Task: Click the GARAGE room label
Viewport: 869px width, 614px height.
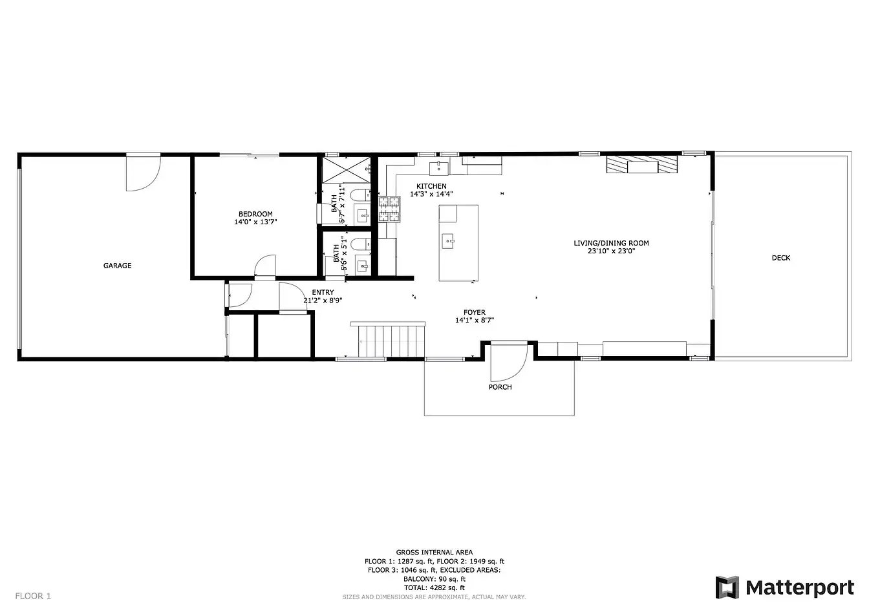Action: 117,266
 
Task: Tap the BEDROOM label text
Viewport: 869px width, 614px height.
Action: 255,214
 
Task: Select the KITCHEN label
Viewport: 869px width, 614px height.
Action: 431,186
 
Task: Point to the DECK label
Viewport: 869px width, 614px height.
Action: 781,258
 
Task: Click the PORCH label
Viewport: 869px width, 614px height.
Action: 500,387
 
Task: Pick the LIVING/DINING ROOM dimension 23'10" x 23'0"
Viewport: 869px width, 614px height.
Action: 612,251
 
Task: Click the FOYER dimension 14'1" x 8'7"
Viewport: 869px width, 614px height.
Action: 475,321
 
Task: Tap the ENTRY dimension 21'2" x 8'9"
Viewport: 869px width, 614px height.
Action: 323,300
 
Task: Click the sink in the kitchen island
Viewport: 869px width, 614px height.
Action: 447,241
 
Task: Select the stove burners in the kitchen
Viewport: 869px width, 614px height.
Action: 389,209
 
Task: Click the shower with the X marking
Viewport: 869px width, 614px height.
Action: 347,170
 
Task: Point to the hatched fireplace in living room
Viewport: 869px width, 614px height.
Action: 642,164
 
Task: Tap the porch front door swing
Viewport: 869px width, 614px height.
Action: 509,363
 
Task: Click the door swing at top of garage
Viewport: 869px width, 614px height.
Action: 143,173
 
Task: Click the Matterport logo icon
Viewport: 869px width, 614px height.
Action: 727,588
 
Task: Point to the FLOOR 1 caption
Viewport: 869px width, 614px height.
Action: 33,596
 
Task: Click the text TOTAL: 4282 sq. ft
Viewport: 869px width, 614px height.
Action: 434,588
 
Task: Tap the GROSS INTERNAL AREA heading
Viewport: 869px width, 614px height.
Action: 434,552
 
